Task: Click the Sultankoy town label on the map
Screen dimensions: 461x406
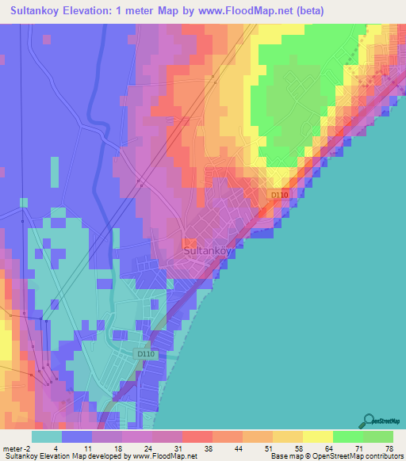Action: point(209,251)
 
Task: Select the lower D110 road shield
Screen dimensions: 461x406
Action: point(144,354)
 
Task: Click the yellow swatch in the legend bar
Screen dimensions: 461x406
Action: point(317,436)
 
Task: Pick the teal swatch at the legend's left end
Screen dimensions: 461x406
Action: point(47,436)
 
